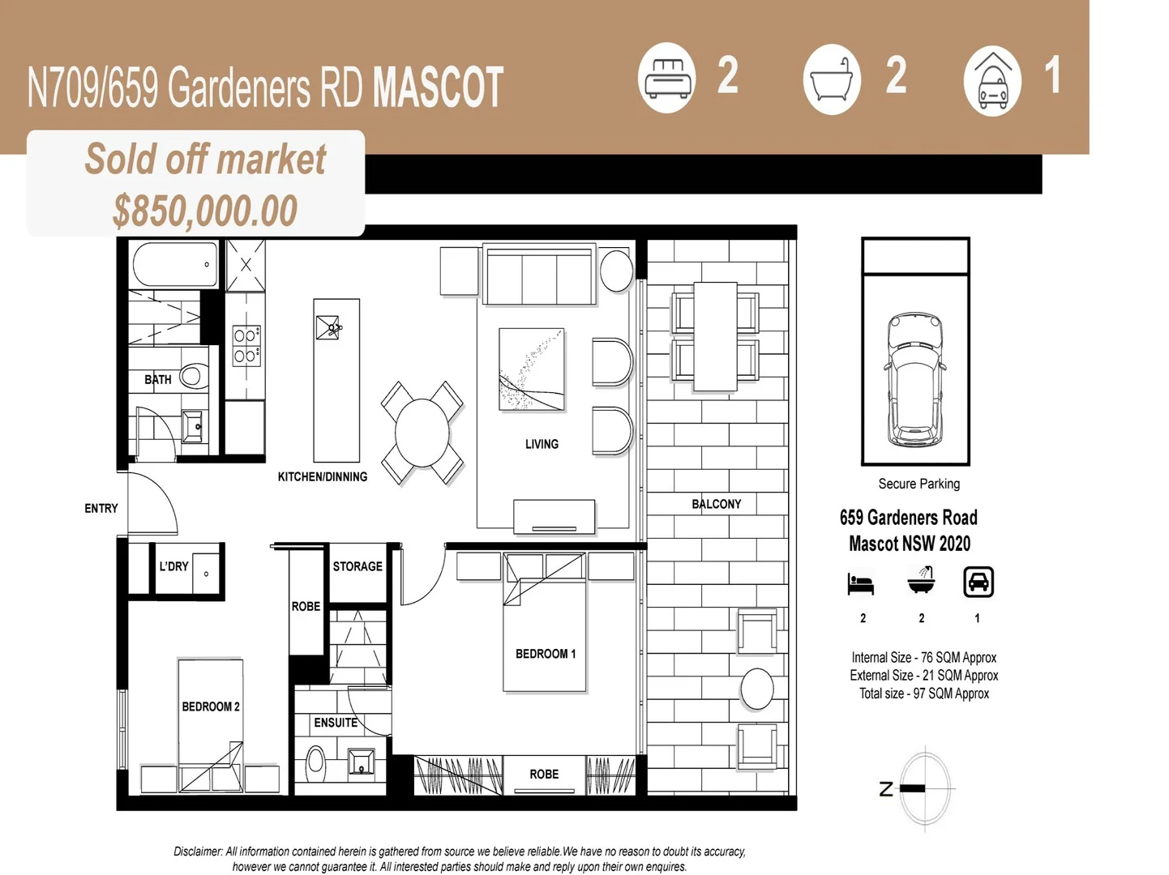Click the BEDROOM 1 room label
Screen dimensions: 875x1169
(x=545, y=654)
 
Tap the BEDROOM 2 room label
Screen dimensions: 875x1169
(x=210, y=706)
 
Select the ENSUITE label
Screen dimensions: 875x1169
(x=336, y=723)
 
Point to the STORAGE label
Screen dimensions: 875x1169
(x=357, y=566)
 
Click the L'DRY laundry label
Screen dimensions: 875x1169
(x=173, y=566)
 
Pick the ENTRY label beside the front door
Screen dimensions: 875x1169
(x=101, y=508)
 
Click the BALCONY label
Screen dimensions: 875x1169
(x=716, y=504)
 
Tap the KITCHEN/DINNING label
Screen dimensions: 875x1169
(x=322, y=476)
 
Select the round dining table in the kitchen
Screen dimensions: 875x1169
(x=422, y=433)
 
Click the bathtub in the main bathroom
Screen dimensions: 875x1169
(x=174, y=264)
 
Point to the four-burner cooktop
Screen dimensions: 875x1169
(x=246, y=345)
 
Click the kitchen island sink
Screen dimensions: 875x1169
(x=329, y=327)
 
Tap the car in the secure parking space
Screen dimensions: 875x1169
(x=914, y=381)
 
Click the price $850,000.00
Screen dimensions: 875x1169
(x=205, y=211)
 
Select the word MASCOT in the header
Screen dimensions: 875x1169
(x=438, y=87)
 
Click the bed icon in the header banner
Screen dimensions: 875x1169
(x=666, y=78)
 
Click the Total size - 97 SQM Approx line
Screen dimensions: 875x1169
(x=923, y=694)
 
